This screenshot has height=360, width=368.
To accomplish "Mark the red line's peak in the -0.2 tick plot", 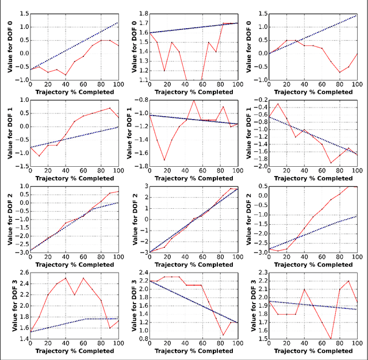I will tap(278, 104).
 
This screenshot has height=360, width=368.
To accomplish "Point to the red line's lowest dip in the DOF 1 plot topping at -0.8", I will tap(164, 160).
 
